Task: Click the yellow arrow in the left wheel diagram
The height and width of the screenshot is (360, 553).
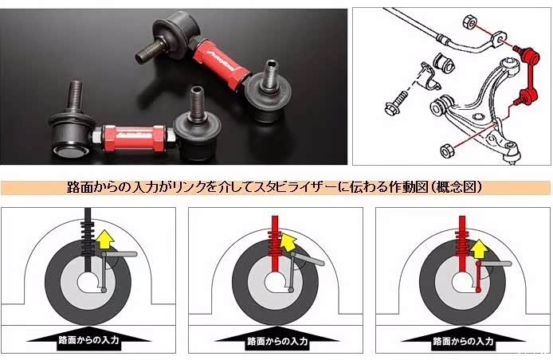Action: pyautogui.click(x=104, y=240)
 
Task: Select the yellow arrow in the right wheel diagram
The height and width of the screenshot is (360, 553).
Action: pyautogui.click(x=479, y=249)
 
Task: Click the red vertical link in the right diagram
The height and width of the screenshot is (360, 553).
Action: pyautogui.click(x=479, y=276)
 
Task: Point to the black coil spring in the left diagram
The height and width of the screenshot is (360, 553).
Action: pyautogui.click(x=88, y=237)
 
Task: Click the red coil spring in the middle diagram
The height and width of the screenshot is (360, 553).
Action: pyautogui.click(x=275, y=243)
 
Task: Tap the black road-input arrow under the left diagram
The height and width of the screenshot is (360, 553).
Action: pyautogui.click(x=89, y=338)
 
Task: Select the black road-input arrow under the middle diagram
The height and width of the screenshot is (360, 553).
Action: pyautogui.click(x=276, y=338)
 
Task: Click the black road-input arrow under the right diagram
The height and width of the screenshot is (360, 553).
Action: pyautogui.click(x=464, y=338)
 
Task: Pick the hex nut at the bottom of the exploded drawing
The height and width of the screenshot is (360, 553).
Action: pyautogui.click(x=448, y=151)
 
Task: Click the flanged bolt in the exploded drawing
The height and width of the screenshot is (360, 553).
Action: pyautogui.click(x=396, y=103)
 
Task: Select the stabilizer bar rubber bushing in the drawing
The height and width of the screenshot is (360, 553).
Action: pyautogui.click(x=445, y=63)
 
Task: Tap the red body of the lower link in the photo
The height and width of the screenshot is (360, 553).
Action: pyautogui.click(x=135, y=137)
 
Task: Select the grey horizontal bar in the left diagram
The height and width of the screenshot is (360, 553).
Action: pyautogui.click(x=120, y=254)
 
